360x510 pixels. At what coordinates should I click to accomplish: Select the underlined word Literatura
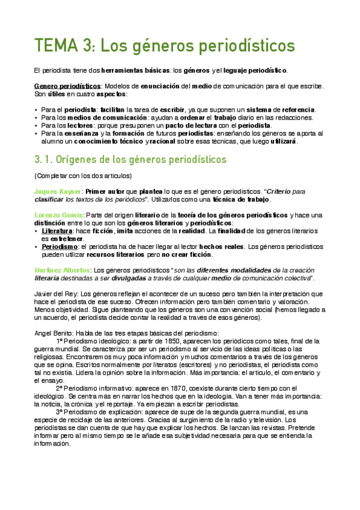(57, 230)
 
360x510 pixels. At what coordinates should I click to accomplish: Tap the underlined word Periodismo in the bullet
(59, 246)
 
